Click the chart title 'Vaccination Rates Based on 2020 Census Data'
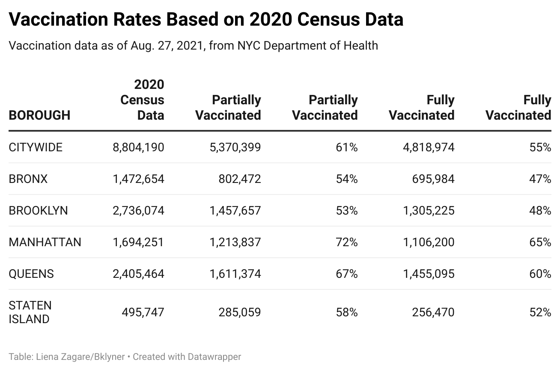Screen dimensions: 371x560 [x=206, y=19]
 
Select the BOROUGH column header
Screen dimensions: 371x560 [x=39, y=115]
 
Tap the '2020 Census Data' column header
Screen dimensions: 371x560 [x=143, y=100]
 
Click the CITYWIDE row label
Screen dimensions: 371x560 [x=36, y=147]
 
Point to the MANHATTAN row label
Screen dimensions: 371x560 [x=45, y=242]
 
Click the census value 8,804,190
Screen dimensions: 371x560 [x=138, y=147]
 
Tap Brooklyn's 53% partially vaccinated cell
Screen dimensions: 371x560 [x=346, y=211]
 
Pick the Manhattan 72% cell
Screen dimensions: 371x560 [x=346, y=242]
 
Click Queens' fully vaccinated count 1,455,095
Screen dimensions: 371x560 [x=429, y=274]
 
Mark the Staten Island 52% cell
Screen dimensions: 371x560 [x=540, y=312]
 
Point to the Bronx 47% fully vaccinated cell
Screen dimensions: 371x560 [x=540, y=179]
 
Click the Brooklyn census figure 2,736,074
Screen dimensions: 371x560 [x=138, y=211]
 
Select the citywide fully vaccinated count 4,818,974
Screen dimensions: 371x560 [x=429, y=147]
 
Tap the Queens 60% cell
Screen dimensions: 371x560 [x=540, y=274]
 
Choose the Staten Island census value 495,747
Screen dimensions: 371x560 [x=143, y=312]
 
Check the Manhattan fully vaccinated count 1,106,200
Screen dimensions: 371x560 [x=429, y=242]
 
